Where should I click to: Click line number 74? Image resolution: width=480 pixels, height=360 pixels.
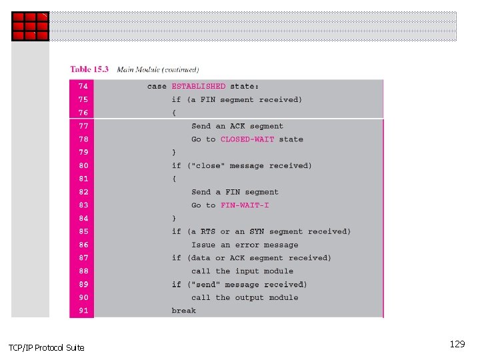point(83,87)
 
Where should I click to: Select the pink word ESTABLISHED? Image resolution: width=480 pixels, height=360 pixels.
point(199,87)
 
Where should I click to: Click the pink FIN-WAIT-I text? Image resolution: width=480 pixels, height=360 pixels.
point(245,205)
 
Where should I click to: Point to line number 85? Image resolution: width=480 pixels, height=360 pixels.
point(83,232)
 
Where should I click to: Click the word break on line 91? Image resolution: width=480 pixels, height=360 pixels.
point(183,311)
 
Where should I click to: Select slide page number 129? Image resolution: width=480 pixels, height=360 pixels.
point(457,345)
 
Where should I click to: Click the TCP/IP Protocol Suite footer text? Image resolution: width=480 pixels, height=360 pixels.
point(47,348)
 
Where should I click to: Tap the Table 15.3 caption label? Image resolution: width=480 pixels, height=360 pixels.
point(90,69)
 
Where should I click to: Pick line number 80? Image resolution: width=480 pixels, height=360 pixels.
point(83,166)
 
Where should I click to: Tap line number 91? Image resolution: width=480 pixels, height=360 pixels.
point(83,311)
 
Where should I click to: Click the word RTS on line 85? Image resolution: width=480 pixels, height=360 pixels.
point(208,232)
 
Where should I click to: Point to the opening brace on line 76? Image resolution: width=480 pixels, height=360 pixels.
point(174,113)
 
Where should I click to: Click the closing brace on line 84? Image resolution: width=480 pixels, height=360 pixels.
point(174,219)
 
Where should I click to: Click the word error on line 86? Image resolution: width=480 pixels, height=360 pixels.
point(247,245)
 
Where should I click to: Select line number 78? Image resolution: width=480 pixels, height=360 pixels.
point(83,139)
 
